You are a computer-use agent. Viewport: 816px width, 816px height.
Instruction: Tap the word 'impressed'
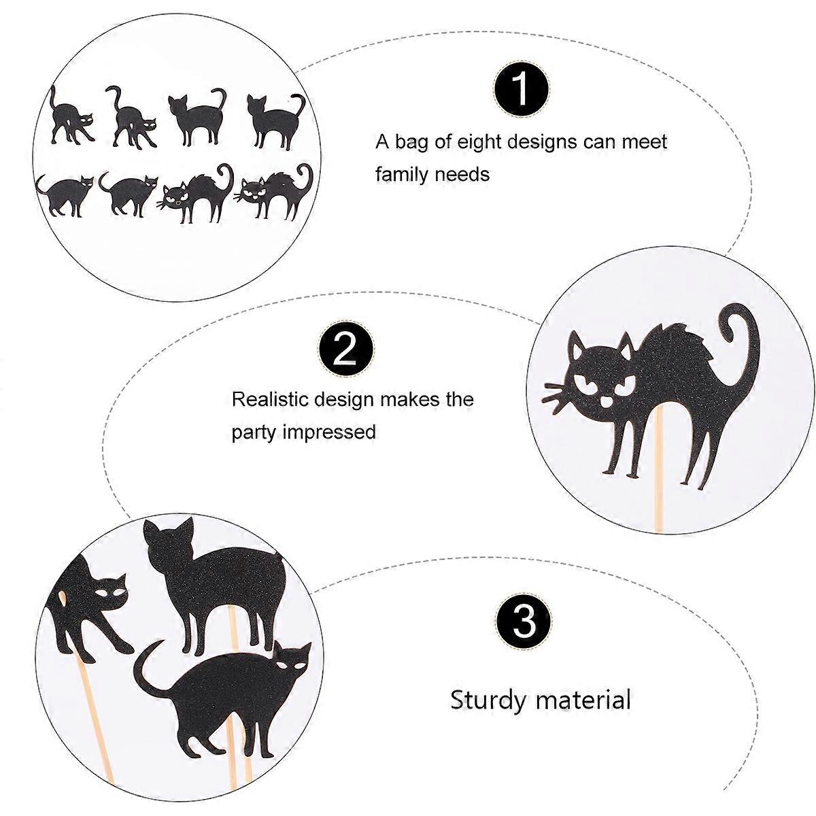pos(329,432)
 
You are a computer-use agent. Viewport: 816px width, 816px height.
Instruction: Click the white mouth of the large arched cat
pos(607,401)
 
